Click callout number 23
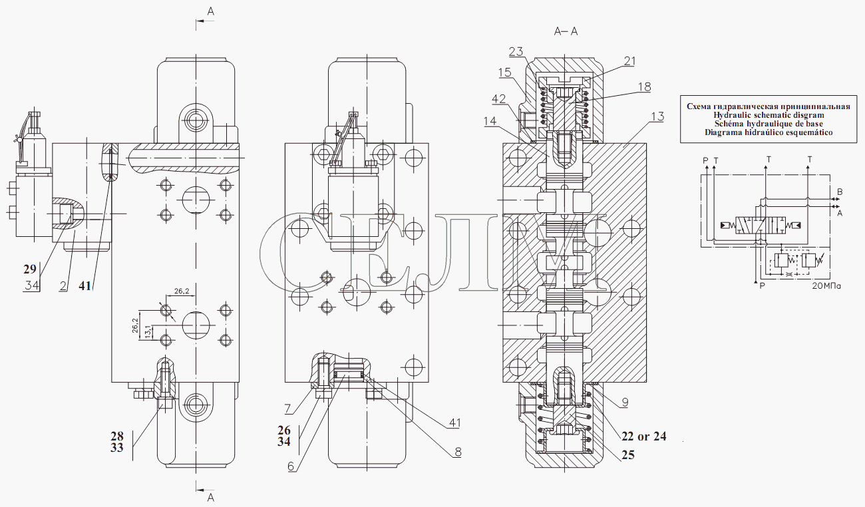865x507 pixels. click(516, 51)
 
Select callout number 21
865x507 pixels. click(629, 61)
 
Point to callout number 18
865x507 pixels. click(643, 87)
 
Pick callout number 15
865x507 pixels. click(504, 72)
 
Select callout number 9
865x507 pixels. click(625, 402)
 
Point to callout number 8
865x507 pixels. click(458, 452)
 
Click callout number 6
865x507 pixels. click(291, 466)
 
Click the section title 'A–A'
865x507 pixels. click(565, 31)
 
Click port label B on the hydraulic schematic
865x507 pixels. click(839, 192)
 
